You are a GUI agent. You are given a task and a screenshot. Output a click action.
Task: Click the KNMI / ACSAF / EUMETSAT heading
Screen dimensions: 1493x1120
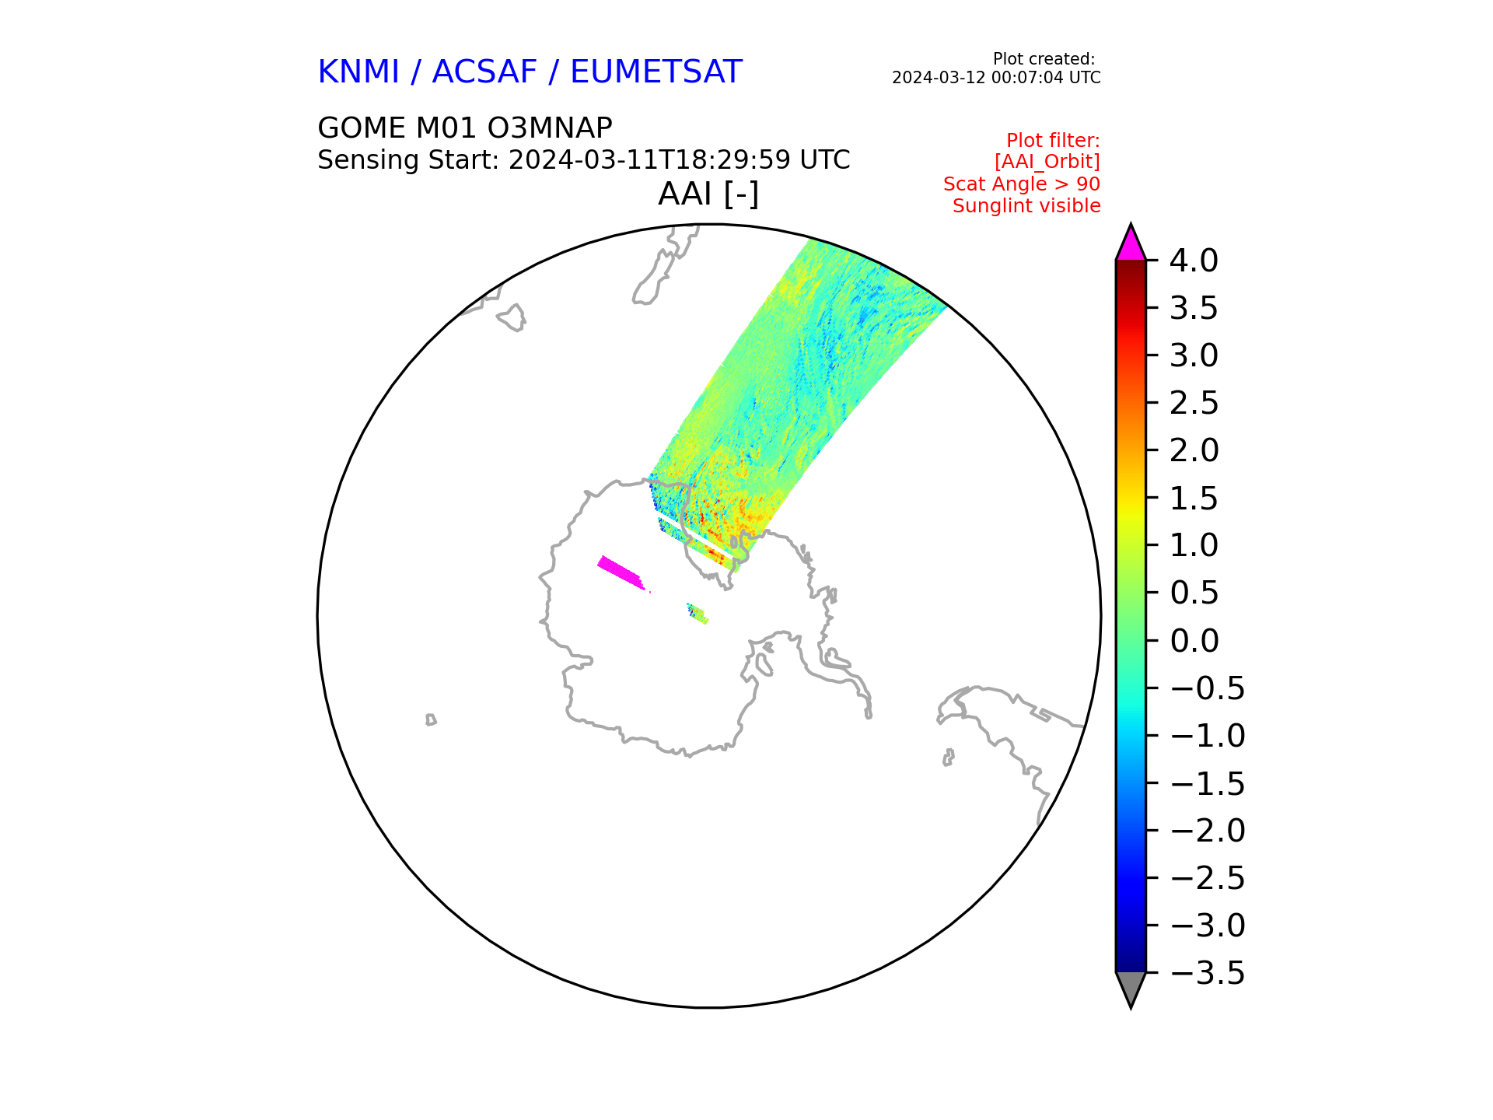pyautogui.click(x=530, y=72)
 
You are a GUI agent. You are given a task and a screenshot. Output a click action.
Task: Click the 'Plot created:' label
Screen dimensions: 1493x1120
pyautogui.click(x=1044, y=59)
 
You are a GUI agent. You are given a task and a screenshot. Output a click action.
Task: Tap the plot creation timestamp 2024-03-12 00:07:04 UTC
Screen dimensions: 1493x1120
pyautogui.click(x=996, y=78)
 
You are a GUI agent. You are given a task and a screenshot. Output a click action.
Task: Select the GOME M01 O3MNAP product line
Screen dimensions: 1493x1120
pyautogui.click(x=465, y=128)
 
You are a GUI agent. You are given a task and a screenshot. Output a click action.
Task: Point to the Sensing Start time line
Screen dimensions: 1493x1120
pyautogui.click(x=583, y=160)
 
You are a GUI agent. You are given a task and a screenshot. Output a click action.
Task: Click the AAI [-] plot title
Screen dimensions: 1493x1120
pyautogui.click(x=708, y=194)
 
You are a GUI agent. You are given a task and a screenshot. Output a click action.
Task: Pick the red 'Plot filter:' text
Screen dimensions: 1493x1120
pyautogui.click(x=1053, y=141)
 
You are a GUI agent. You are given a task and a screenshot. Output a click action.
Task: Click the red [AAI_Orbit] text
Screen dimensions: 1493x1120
pyautogui.click(x=1047, y=162)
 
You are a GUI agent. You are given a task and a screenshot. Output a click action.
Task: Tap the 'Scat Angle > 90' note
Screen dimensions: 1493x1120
pyautogui.click(x=1022, y=184)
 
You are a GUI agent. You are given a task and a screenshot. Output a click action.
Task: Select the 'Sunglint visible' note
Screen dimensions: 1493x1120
pyautogui.click(x=1026, y=206)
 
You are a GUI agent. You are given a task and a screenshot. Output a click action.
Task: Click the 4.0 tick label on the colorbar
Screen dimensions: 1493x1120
pyautogui.click(x=1194, y=261)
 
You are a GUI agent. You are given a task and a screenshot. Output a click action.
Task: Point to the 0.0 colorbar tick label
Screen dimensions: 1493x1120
pyautogui.click(x=1194, y=641)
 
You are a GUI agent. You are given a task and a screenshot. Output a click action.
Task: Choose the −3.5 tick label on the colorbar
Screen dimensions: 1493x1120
pyautogui.click(x=1208, y=973)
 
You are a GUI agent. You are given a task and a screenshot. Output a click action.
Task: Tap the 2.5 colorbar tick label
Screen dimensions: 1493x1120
pyautogui.click(x=1194, y=403)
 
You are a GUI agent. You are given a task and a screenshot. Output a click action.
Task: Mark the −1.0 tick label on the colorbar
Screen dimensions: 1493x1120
pyautogui.click(x=1208, y=736)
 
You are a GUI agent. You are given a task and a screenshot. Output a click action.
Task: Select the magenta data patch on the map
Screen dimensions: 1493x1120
pyautogui.click(x=621, y=573)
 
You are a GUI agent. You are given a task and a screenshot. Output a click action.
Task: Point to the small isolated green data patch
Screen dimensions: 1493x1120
pyautogui.click(x=697, y=613)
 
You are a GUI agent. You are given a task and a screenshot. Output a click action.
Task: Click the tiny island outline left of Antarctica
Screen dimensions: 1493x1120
pyautogui.click(x=431, y=719)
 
